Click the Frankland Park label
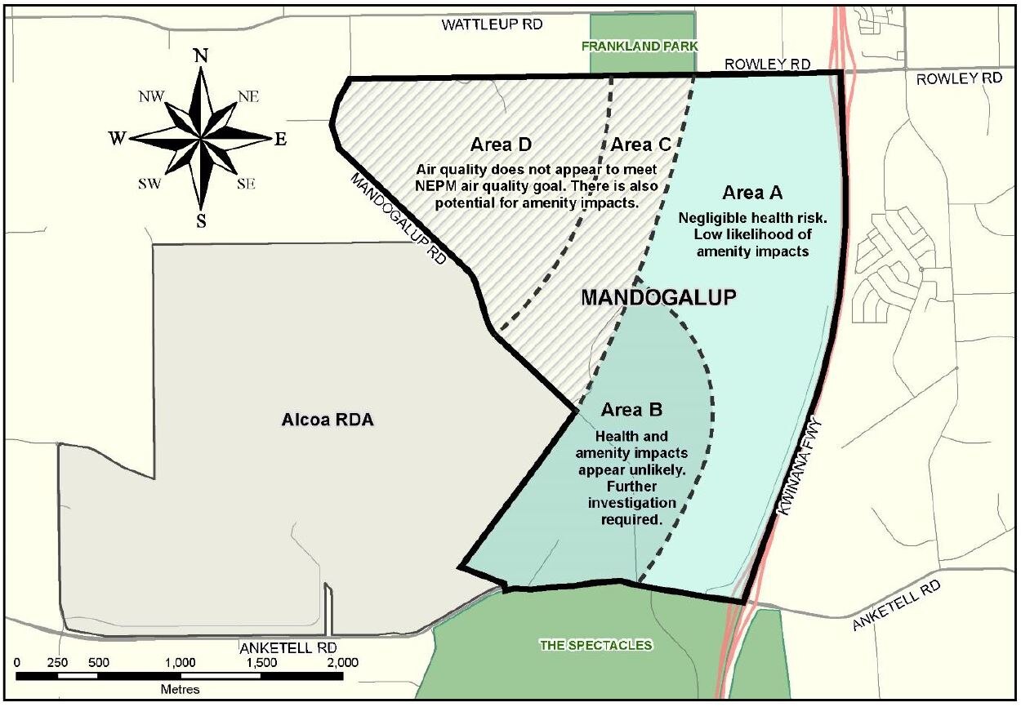(640, 47)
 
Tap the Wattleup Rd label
(493, 24)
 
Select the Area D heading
(502, 145)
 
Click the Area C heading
(641, 145)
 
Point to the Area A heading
(752, 193)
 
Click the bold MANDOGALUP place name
(659, 297)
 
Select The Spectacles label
(595, 646)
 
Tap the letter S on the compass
(201, 220)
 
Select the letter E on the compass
(280, 140)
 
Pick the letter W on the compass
(119, 138)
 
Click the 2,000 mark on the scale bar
(341, 662)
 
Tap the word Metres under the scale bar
(180, 689)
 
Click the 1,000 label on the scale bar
(180, 662)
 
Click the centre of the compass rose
(201, 138)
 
